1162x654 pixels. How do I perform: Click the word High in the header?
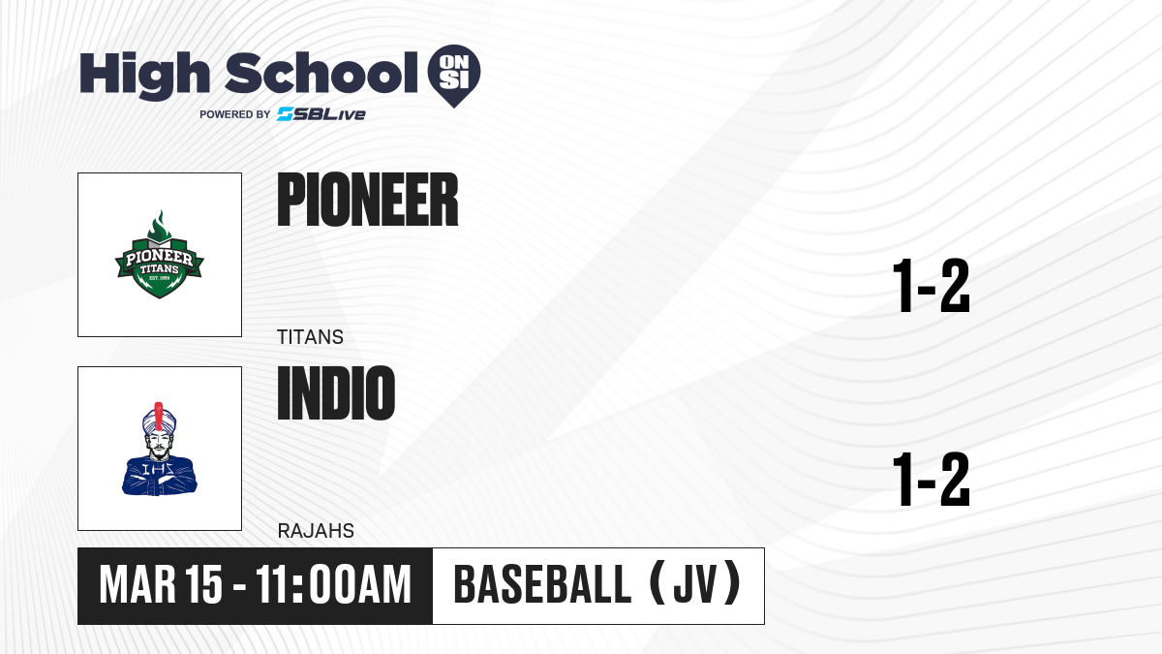pyautogui.click(x=144, y=75)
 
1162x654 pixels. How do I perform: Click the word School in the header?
pyautogui.click(x=321, y=73)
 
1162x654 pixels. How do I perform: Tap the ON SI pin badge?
pyautogui.click(x=454, y=76)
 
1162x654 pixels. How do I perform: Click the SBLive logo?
pyautogui.click(x=321, y=114)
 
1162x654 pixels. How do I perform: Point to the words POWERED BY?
pyautogui.click(x=235, y=114)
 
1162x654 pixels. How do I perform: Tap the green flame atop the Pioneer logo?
pyautogui.click(x=159, y=225)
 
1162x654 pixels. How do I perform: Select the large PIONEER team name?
pyautogui.click(x=368, y=200)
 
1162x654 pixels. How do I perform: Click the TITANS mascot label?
pyautogui.click(x=310, y=337)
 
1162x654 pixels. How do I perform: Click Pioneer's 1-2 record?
pyautogui.click(x=932, y=286)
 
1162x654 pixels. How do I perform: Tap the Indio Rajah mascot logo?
pyautogui.click(x=159, y=449)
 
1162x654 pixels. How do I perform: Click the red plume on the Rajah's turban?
pyautogui.click(x=159, y=416)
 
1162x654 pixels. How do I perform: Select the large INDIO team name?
pyautogui.click(x=336, y=393)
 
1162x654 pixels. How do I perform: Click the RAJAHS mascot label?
pyautogui.click(x=316, y=531)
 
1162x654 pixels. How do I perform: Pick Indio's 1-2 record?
pyautogui.click(x=932, y=479)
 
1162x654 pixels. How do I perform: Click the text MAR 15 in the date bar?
pyautogui.click(x=161, y=585)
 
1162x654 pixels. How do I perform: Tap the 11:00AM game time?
pyautogui.click(x=333, y=585)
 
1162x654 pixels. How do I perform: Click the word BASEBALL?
pyautogui.click(x=542, y=585)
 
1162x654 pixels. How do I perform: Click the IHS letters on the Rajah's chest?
pyautogui.click(x=158, y=470)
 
